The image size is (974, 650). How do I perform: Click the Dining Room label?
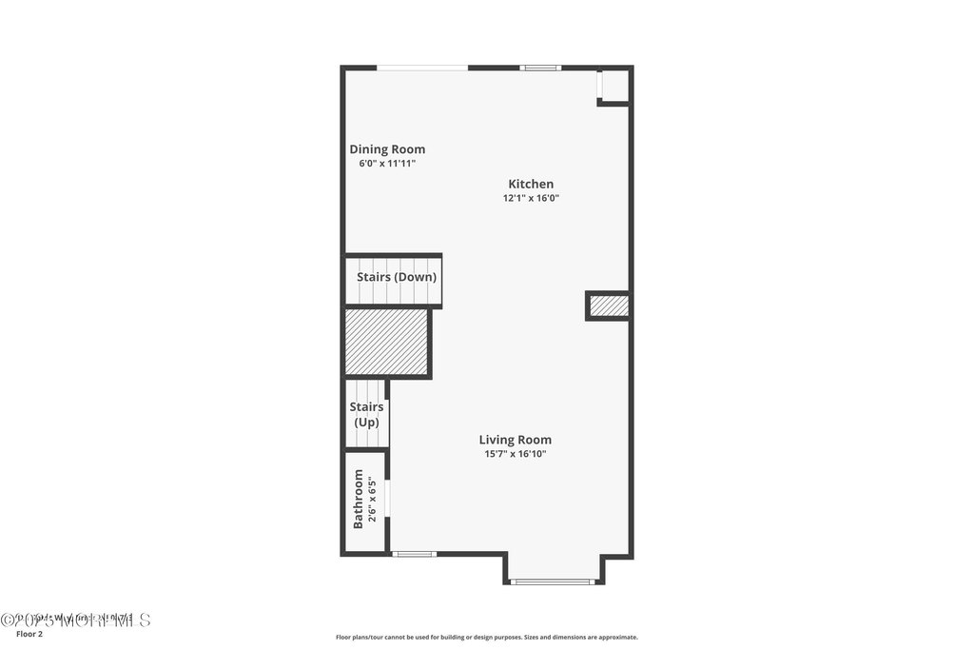click(387, 149)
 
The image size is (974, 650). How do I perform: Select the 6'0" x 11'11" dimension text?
click(387, 164)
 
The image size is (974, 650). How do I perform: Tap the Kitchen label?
click(531, 185)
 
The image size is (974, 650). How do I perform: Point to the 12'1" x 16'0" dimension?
click(531, 199)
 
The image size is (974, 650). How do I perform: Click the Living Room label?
click(515, 440)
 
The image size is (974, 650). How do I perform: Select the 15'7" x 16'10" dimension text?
click(515, 454)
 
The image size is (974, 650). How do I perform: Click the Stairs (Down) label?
click(397, 278)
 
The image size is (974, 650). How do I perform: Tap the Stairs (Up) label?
click(367, 414)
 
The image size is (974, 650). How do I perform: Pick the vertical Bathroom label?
click(359, 499)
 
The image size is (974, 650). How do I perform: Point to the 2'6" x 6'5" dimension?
click(373, 499)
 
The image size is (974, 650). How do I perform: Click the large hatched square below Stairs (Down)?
click(385, 342)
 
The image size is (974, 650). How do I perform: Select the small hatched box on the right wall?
click(609, 305)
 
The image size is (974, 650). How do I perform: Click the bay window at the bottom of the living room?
click(554, 581)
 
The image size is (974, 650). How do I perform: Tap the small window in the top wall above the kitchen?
click(539, 68)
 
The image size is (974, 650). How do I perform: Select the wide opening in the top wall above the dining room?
click(422, 68)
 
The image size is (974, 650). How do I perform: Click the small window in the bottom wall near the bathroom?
click(414, 554)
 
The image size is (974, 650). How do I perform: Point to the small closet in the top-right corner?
click(614, 85)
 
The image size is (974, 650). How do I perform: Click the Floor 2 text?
click(30, 634)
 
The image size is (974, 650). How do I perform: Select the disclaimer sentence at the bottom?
click(486, 638)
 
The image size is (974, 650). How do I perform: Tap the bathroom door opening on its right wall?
click(388, 502)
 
